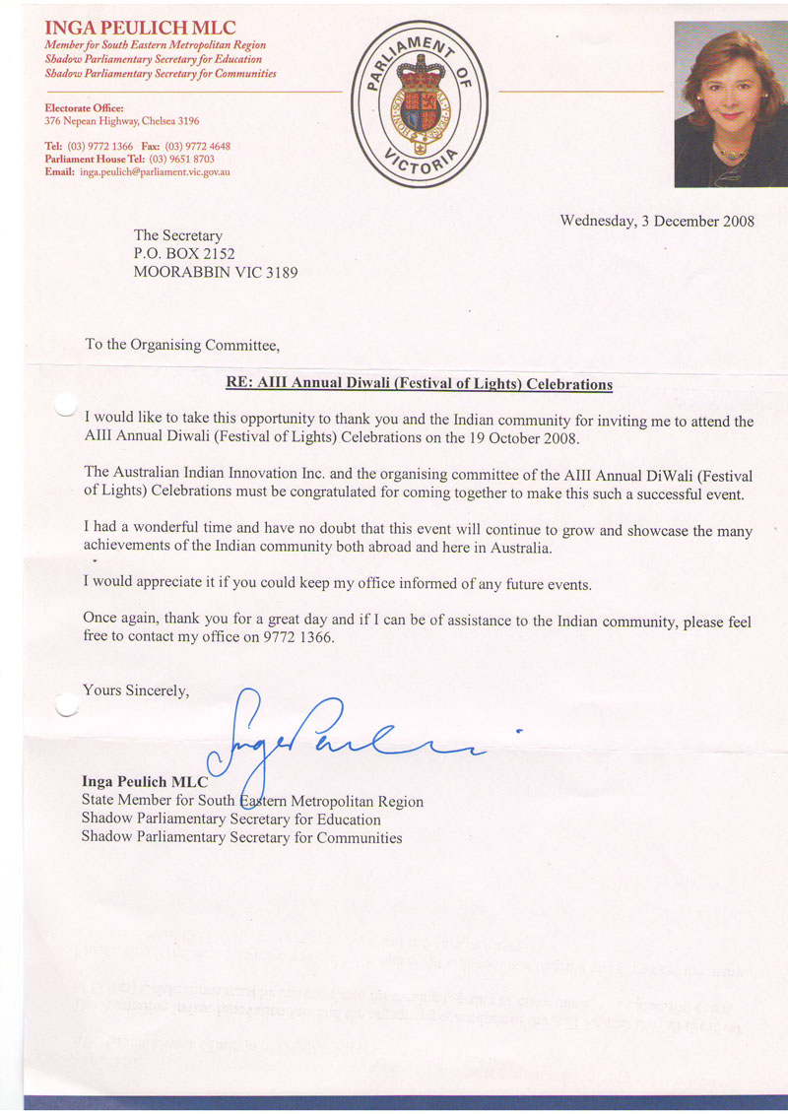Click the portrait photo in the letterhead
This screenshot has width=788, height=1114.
(x=730, y=103)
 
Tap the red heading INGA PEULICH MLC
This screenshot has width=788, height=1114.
(x=141, y=28)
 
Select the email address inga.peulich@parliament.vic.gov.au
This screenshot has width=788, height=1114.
(x=155, y=171)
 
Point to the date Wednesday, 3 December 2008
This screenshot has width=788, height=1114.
(x=657, y=221)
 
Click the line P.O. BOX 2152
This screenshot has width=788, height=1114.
(x=184, y=253)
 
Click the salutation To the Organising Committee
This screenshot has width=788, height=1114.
(x=182, y=345)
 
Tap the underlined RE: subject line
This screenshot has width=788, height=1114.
(x=414, y=384)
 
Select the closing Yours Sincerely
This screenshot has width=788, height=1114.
(x=135, y=690)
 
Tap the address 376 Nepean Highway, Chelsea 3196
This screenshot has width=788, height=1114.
(x=122, y=121)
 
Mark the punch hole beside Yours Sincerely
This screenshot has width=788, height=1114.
(x=66, y=702)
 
